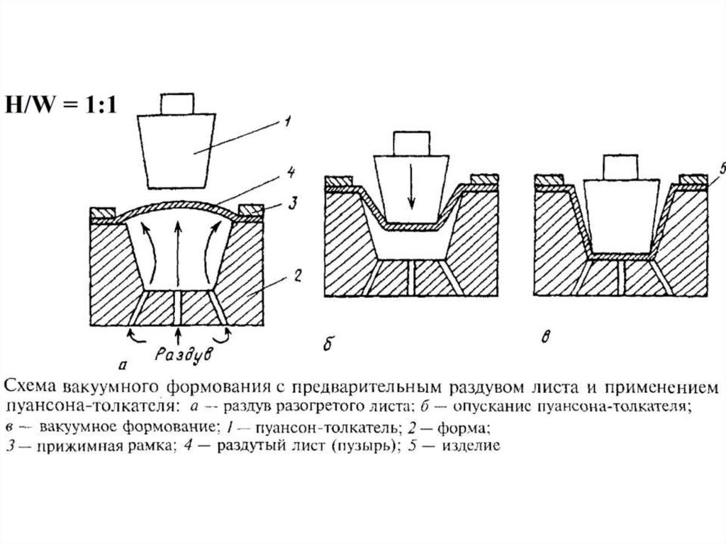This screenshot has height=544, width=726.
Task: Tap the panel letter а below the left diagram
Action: (123, 365)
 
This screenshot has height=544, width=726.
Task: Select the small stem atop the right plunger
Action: (619, 165)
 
